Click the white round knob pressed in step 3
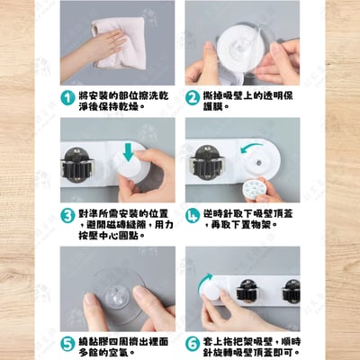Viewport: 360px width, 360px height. point(129,172)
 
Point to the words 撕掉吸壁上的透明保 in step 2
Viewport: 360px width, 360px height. point(254,94)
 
